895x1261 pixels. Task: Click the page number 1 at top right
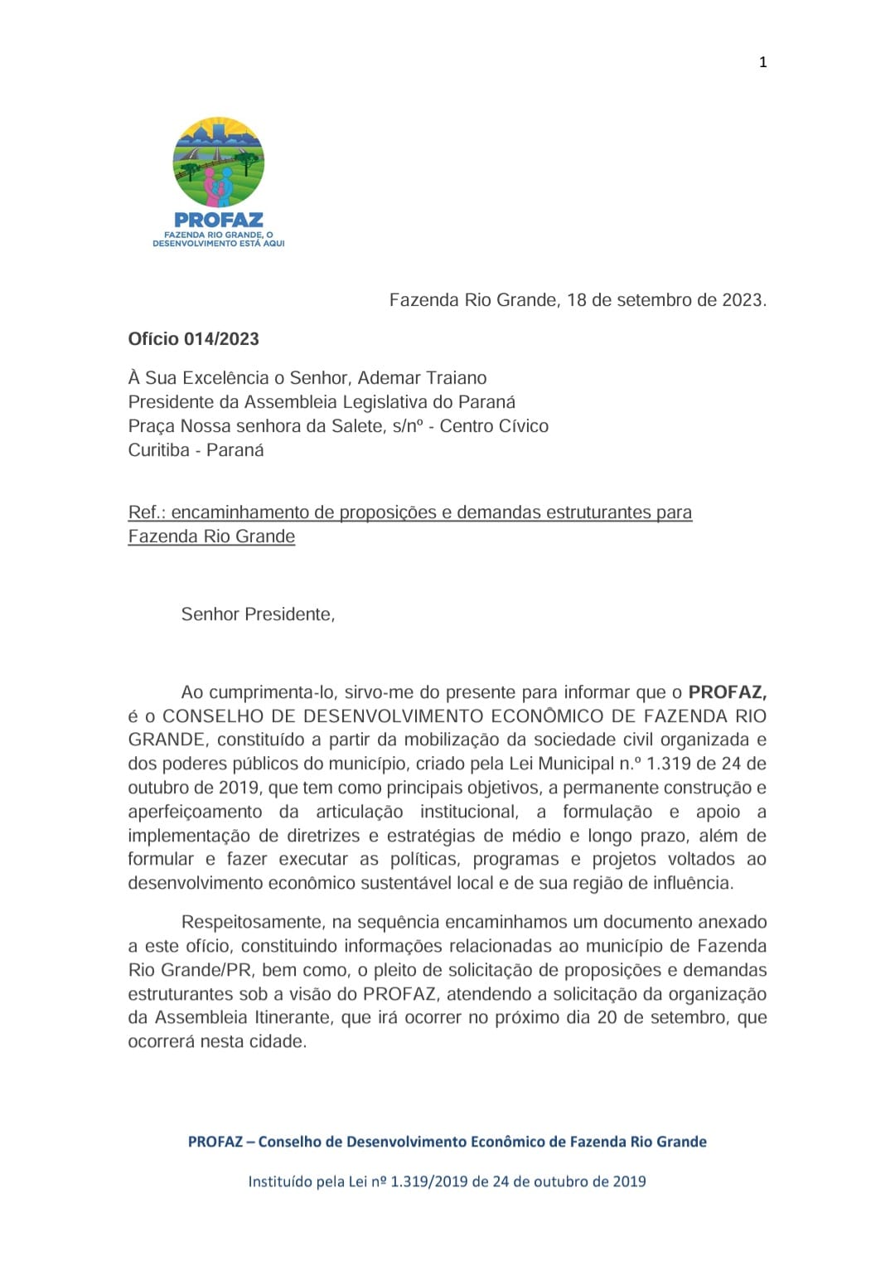(x=762, y=62)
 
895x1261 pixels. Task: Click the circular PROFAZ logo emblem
(x=219, y=162)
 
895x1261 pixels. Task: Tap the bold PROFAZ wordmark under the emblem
(x=219, y=220)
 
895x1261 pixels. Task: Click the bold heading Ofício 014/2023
(x=193, y=339)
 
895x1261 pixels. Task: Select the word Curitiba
(x=159, y=450)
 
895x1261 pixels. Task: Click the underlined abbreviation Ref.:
(x=147, y=512)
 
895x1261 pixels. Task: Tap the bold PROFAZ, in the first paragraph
(x=727, y=692)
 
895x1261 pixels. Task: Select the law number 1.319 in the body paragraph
(x=669, y=764)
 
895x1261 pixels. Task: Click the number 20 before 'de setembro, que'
(x=607, y=1017)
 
